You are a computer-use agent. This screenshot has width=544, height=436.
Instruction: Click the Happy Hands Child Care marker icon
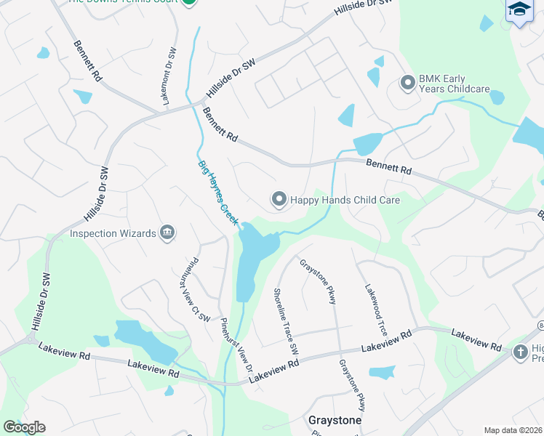tap(278, 199)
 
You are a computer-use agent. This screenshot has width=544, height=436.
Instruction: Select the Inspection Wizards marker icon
tap(167, 233)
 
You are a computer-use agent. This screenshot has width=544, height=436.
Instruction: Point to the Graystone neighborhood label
tap(335, 420)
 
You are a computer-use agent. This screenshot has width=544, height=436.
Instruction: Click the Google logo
tap(23, 427)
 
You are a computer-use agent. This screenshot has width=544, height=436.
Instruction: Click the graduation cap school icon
tap(520, 9)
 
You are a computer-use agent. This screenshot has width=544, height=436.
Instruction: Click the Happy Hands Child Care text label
tap(345, 199)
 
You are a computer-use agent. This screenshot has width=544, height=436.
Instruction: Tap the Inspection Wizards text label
tap(113, 233)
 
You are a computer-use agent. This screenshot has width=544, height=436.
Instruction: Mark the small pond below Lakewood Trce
tap(382, 373)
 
